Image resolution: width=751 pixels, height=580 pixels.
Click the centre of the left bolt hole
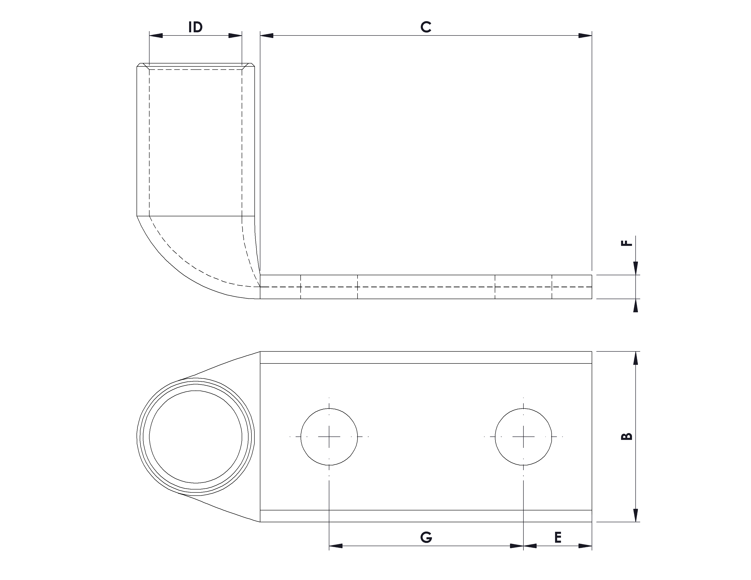click(x=329, y=437)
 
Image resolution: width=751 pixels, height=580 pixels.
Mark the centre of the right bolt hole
click(x=523, y=437)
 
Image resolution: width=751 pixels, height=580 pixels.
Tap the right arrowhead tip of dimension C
click(x=592, y=35)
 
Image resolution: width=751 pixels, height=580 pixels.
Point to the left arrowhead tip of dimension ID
click(x=149, y=35)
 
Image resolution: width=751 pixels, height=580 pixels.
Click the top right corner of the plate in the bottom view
click(x=592, y=351)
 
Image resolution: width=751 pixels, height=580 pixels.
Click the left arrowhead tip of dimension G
click(x=329, y=546)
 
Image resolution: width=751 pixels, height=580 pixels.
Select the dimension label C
click(x=426, y=27)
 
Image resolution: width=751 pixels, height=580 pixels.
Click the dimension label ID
click(x=195, y=27)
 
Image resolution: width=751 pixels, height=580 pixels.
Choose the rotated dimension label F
click(x=628, y=243)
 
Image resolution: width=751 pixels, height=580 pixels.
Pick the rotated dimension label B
click(x=628, y=436)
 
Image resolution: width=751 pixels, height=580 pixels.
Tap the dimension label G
click(x=426, y=537)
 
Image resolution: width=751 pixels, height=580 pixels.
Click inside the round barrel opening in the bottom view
click(x=195, y=437)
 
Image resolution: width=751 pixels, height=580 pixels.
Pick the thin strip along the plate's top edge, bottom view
click(x=426, y=357)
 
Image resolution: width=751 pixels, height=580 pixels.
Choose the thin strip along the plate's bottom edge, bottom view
click(x=426, y=516)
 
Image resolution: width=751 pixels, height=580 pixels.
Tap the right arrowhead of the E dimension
click(x=585, y=546)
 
